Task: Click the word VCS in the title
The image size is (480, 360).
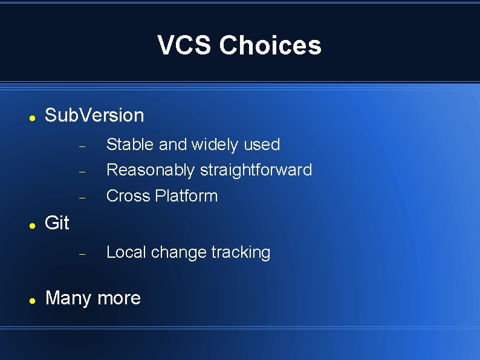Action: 185,45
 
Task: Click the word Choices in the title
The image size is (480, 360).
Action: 270,45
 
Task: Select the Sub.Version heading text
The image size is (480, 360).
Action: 94,115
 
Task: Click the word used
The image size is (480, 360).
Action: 262,145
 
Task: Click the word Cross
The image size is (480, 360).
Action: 128,196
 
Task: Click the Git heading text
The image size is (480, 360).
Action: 57,223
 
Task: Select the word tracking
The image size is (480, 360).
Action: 241,252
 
